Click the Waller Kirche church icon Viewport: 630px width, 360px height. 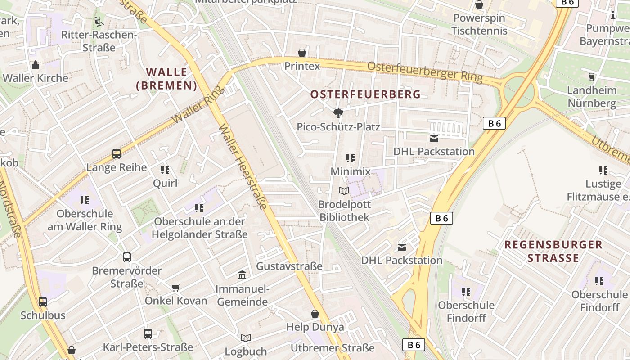click(x=36, y=65)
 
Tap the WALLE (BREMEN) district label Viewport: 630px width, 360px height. click(x=166, y=79)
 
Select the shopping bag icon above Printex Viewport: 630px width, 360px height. click(x=302, y=53)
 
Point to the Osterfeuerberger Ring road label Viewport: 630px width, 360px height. click(x=425, y=72)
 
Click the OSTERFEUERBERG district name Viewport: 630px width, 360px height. click(x=365, y=94)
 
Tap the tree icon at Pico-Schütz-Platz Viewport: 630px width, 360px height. click(x=338, y=113)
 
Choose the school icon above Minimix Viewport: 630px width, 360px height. click(x=351, y=158)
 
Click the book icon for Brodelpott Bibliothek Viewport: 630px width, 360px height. click(x=344, y=191)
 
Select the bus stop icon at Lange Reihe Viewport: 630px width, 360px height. click(x=117, y=154)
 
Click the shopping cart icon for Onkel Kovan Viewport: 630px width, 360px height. click(x=176, y=288)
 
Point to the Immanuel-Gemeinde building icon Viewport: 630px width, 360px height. click(x=242, y=275)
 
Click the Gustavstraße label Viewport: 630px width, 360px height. click(x=289, y=266)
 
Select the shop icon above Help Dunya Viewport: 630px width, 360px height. click(x=315, y=314)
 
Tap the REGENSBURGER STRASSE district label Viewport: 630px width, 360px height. click(x=553, y=251)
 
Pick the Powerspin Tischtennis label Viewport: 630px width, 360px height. click(x=479, y=24)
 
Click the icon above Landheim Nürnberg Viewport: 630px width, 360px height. click(x=592, y=76)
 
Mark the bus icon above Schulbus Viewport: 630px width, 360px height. click(x=43, y=301)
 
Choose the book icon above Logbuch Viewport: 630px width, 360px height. click(x=246, y=338)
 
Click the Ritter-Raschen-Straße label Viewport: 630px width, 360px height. click(x=99, y=41)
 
